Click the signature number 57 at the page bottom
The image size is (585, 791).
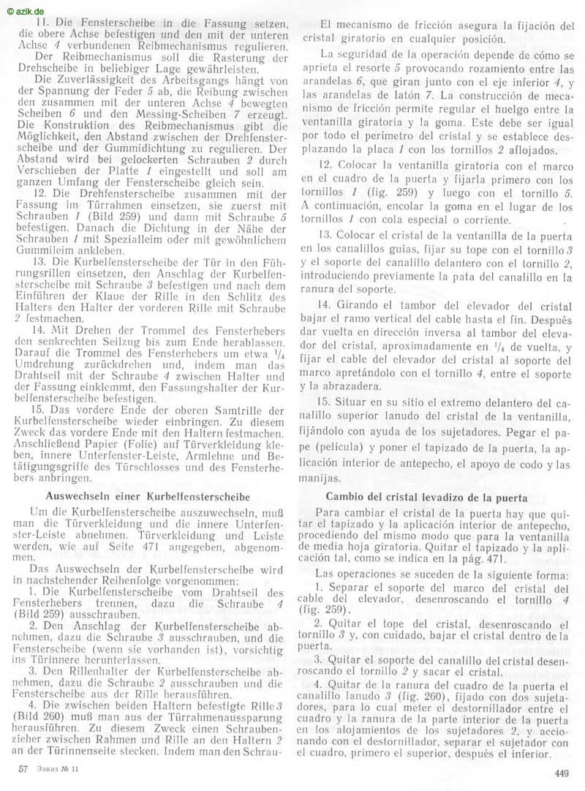(x=23, y=770)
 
